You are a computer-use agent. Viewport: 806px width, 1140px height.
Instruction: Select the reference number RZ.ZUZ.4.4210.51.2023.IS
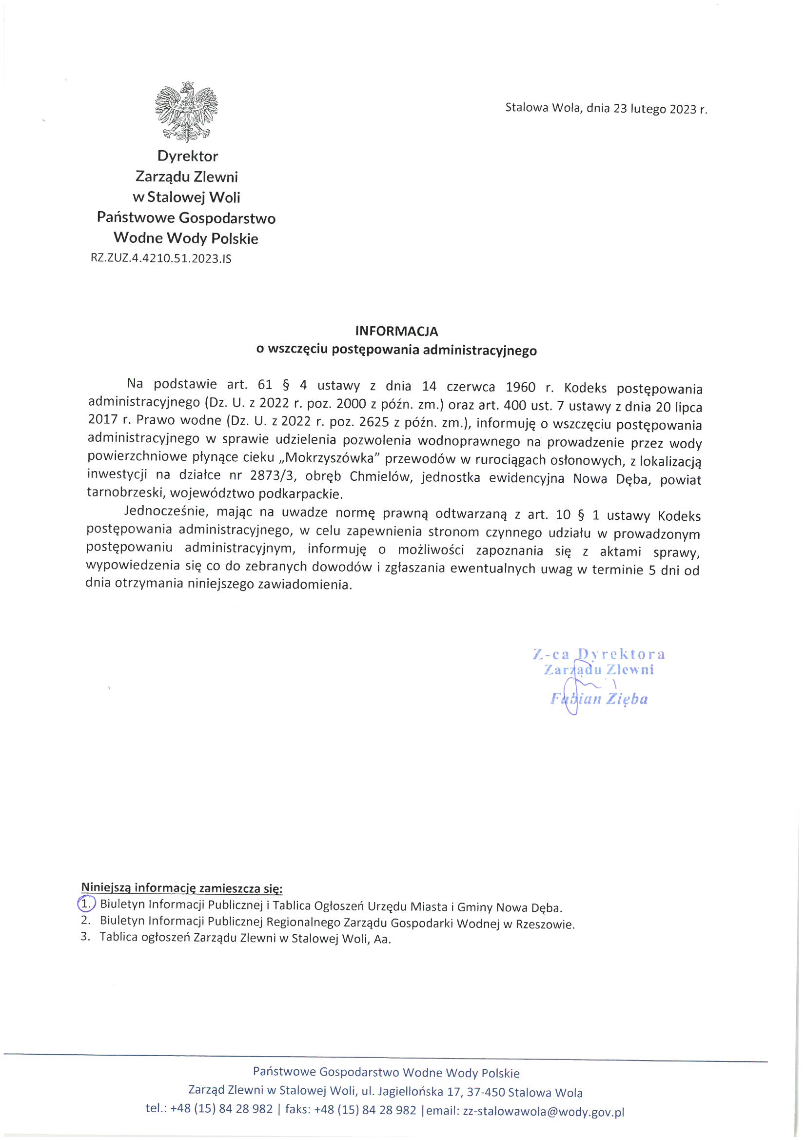pos(161,258)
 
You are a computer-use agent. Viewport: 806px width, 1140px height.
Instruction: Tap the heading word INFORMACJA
pos(396,331)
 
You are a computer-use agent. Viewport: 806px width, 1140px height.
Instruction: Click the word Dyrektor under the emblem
pos(188,156)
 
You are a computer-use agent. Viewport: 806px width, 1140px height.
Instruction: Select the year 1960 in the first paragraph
pos(520,387)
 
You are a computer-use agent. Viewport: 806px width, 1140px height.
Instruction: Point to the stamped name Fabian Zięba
pos(599,700)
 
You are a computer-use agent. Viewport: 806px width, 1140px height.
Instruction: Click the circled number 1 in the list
pos(86,904)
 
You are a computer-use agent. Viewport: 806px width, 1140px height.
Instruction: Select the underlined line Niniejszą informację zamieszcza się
pos(182,887)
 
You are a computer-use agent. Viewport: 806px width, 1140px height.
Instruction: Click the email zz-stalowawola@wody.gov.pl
pos(543,1111)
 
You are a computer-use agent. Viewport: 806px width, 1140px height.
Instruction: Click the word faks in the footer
pos(298,1110)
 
